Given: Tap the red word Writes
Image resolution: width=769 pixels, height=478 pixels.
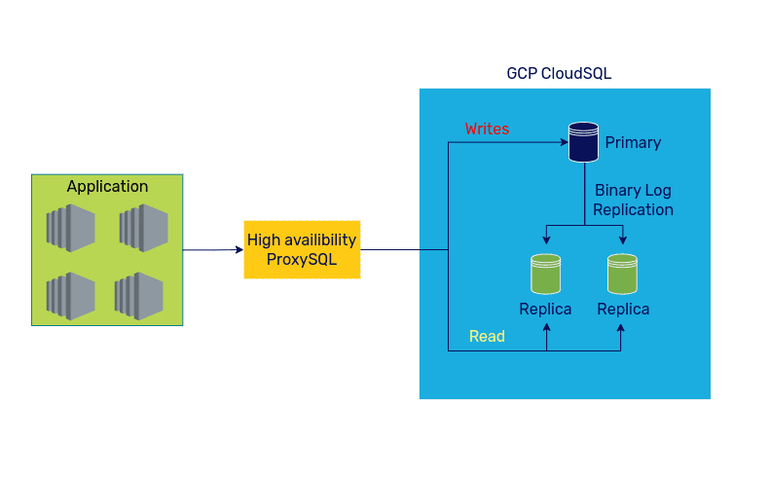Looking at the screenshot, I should pos(487,129).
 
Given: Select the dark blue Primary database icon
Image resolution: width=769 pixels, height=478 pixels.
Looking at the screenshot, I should pos(583,142).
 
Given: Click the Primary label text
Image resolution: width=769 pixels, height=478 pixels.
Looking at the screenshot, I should pos(633,143).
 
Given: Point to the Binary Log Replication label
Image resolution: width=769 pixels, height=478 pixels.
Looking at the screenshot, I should pos(633,200).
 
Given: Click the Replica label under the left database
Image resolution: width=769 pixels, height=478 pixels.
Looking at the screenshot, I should pos(545,310).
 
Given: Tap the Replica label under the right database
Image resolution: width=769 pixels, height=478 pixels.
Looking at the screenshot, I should pos(623,310).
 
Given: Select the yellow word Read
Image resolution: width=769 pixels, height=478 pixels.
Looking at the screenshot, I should pos(487,337).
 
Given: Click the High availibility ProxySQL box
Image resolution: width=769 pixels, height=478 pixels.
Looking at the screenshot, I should pos(302,249).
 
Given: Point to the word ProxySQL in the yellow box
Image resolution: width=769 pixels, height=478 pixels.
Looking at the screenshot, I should pos(302,260).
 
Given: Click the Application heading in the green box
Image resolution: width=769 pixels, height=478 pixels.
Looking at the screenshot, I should pos(107,187).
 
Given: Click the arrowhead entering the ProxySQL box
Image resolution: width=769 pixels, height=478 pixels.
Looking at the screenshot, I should pos(239,250).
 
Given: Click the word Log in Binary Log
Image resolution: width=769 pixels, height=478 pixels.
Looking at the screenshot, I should pos(657,191).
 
